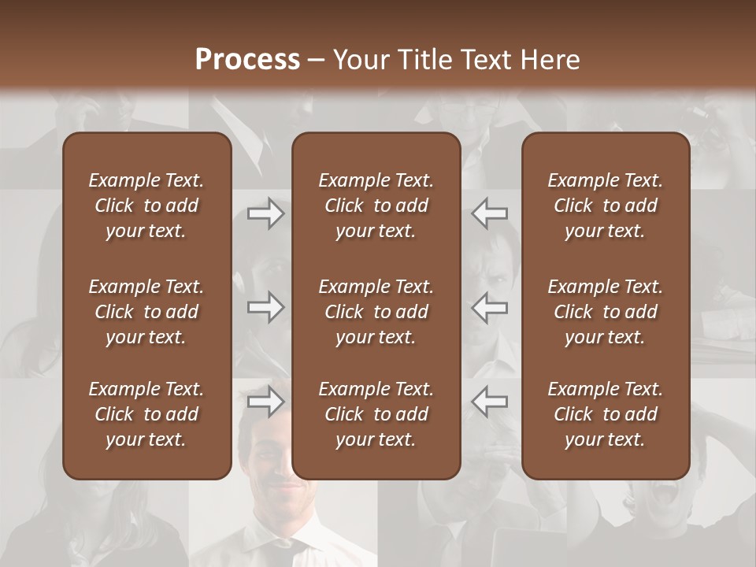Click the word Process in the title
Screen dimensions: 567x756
click(x=247, y=60)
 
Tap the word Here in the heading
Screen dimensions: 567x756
click(x=550, y=60)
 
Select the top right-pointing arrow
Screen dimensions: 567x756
click(x=266, y=213)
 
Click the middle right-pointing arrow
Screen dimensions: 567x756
click(x=266, y=307)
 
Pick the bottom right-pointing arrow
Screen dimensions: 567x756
click(x=266, y=402)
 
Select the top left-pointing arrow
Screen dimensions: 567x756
click(x=489, y=213)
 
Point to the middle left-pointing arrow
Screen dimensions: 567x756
click(x=489, y=307)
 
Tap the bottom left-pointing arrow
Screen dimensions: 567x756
click(x=489, y=402)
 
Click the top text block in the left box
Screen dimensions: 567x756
click(x=146, y=206)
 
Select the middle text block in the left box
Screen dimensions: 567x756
click(x=146, y=312)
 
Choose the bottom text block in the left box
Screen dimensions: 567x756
click(x=146, y=414)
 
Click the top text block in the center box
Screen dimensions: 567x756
click(x=376, y=206)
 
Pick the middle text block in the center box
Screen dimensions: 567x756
click(x=376, y=312)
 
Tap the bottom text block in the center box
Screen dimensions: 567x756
click(x=376, y=414)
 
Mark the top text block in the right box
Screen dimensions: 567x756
click(x=605, y=206)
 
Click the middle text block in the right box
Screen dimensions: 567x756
click(x=605, y=312)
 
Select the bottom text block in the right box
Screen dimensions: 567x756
click(x=605, y=414)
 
